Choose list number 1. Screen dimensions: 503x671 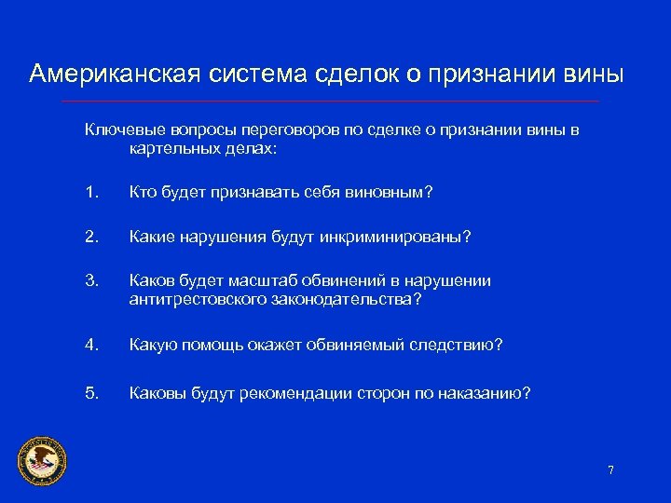[91, 193]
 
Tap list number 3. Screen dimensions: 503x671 [91, 280]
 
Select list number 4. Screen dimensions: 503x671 [91, 346]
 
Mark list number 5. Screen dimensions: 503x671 [91, 393]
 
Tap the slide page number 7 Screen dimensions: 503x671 [610, 470]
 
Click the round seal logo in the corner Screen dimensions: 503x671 [42, 460]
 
